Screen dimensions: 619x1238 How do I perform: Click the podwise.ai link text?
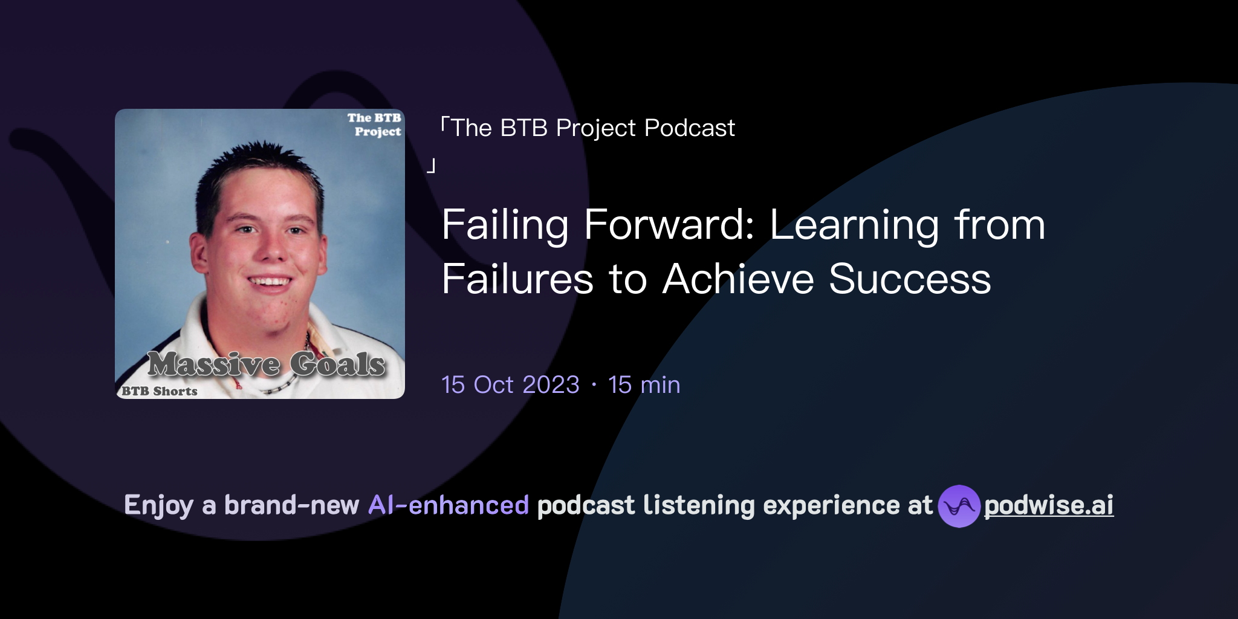point(1048,505)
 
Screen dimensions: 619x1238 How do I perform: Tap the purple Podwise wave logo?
point(959,506)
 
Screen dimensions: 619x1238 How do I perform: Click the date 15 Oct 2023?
point(510,385)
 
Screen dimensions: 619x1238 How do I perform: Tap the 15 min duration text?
point(644,385)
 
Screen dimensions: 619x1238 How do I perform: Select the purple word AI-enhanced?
point(449,505)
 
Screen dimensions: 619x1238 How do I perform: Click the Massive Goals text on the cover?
point(267,364)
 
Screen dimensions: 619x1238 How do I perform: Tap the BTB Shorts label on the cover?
point(160,391)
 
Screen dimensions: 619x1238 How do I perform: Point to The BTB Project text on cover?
point(375,125)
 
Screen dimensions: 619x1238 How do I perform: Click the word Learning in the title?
point(854,225)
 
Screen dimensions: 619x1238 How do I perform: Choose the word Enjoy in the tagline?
point(158,505)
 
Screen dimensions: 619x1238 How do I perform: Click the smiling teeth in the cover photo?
point(270,281)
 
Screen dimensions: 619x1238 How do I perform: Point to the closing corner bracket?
point(431,166)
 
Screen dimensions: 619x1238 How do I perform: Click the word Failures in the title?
point(517,279)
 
